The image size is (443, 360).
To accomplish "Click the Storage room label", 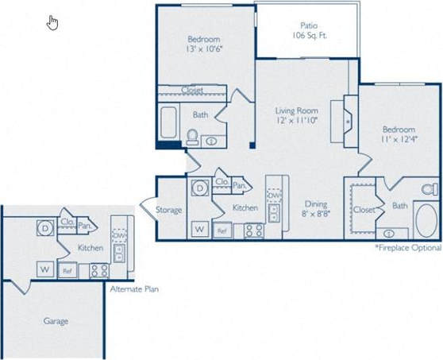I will (168, 211).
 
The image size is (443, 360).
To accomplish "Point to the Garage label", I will (56, 321).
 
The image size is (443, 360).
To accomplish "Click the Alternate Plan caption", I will (134, 289).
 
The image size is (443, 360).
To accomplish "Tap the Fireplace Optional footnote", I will (408, 248).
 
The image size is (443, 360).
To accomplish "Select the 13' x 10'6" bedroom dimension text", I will (204, 51).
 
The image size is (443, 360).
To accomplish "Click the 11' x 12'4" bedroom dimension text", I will (398, 141).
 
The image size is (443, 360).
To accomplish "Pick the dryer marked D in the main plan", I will (199, 188).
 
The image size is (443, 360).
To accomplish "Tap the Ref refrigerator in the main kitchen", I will (223, 231).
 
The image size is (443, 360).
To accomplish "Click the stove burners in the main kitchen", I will (253, 230).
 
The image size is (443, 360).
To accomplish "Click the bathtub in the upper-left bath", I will (170, 123).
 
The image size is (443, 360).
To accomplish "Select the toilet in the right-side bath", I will (430, 190).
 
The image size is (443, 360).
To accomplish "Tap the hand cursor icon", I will (53, 21).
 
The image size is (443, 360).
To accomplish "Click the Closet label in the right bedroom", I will (364, 210).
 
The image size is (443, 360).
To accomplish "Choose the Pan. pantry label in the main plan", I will (238, 185).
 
